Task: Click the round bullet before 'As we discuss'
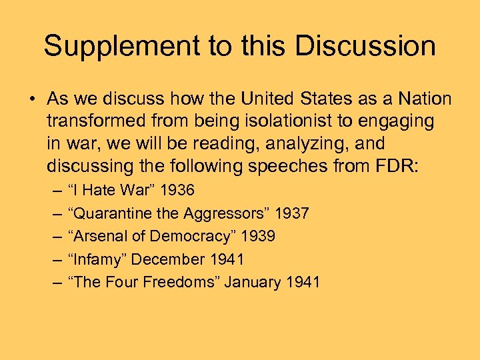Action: tap(31, 100)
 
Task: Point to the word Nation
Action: tap(423, 99)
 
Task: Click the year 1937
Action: tap(292, 213)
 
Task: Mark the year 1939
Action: tap(259, 236)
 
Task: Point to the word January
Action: tap(253, 282)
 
